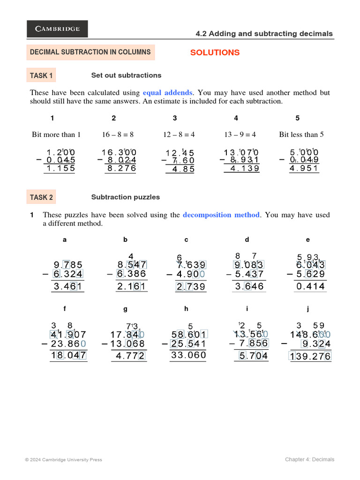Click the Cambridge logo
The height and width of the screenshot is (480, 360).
click(57, 29)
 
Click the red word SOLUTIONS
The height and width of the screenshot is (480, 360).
click(215, 52)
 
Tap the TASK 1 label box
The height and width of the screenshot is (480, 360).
click(41, 75)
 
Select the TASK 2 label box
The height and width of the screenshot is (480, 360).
click(41, 197)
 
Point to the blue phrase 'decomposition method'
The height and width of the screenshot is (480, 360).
click(221, 215)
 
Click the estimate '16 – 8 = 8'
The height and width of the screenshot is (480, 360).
click(118, 135)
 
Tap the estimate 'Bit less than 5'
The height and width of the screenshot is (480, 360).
click(301, 135)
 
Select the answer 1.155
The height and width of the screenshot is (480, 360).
click(60, 169)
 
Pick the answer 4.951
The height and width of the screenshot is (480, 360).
click(304, 169)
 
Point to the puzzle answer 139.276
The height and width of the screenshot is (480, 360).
click(310, 357)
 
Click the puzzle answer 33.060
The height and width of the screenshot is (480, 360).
click(188, 355)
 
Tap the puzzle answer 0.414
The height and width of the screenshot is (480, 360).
click(310, 286)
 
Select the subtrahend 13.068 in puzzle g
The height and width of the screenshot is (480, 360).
click(127, 345)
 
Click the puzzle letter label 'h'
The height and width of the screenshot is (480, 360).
click(186, 309)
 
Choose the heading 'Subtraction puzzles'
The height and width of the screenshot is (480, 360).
click(125, 197)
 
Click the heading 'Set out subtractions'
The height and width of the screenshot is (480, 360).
click(126, 75)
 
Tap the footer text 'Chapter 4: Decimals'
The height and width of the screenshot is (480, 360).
click(309, 459)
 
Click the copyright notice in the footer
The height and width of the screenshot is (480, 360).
click(63, 460)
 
